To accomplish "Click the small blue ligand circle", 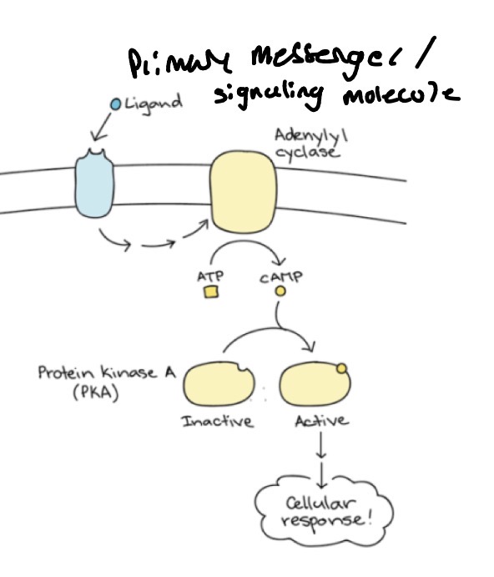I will tap(116, 104).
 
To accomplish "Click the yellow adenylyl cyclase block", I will tap(242, 193).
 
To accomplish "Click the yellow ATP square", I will tap(210, 292).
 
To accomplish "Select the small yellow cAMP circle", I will tap(281, 291).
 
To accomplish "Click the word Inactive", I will tap(218, 422).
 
